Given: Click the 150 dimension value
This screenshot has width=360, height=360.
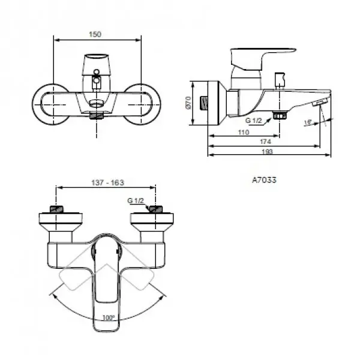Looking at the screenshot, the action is [95, 34].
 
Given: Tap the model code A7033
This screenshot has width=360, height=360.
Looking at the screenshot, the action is [264, 180].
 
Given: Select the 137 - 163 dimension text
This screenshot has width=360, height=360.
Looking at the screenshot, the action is [107, 183].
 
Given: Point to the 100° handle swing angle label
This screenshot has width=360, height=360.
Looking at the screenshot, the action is [109, 318].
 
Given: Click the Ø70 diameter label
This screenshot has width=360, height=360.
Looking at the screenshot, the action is [188, 103].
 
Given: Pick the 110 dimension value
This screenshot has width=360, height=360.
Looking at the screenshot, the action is [244, 132].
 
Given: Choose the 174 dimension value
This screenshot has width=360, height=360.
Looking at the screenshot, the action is [265, 142].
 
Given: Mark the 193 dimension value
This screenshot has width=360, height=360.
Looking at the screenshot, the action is [268, 152].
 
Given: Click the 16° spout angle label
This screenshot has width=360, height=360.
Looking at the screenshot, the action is [308, 122].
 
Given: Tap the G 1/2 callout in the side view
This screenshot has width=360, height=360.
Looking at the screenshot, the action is [253, 121].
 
